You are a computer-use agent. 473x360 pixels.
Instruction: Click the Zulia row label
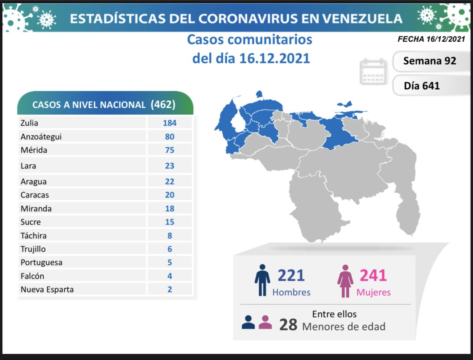point(30,123)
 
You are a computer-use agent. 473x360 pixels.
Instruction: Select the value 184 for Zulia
point(170,123)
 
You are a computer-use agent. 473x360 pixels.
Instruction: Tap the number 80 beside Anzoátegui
point(170,137)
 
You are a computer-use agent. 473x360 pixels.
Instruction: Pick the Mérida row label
point(34,150)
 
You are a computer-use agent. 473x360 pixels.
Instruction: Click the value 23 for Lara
point(170,166)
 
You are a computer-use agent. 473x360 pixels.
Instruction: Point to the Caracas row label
point(35,195)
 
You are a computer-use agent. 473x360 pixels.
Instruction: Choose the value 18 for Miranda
point(170,208)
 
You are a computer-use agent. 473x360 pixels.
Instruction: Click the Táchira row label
point(34,236)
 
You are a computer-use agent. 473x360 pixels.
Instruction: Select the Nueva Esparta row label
point(47,289)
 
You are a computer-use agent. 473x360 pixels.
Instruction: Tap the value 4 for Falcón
point(170,276)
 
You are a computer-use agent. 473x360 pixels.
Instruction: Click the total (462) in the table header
point(163,104)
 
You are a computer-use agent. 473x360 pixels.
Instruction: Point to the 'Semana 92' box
point(430,61)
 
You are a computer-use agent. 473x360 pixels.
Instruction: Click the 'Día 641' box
point(422,86)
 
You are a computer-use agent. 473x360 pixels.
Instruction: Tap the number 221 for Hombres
point(291,276)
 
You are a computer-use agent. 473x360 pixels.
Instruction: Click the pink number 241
point(373,276)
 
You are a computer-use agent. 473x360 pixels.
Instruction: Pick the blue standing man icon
point(262,280)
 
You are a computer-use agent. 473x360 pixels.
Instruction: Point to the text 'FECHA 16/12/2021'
point(431,39)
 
